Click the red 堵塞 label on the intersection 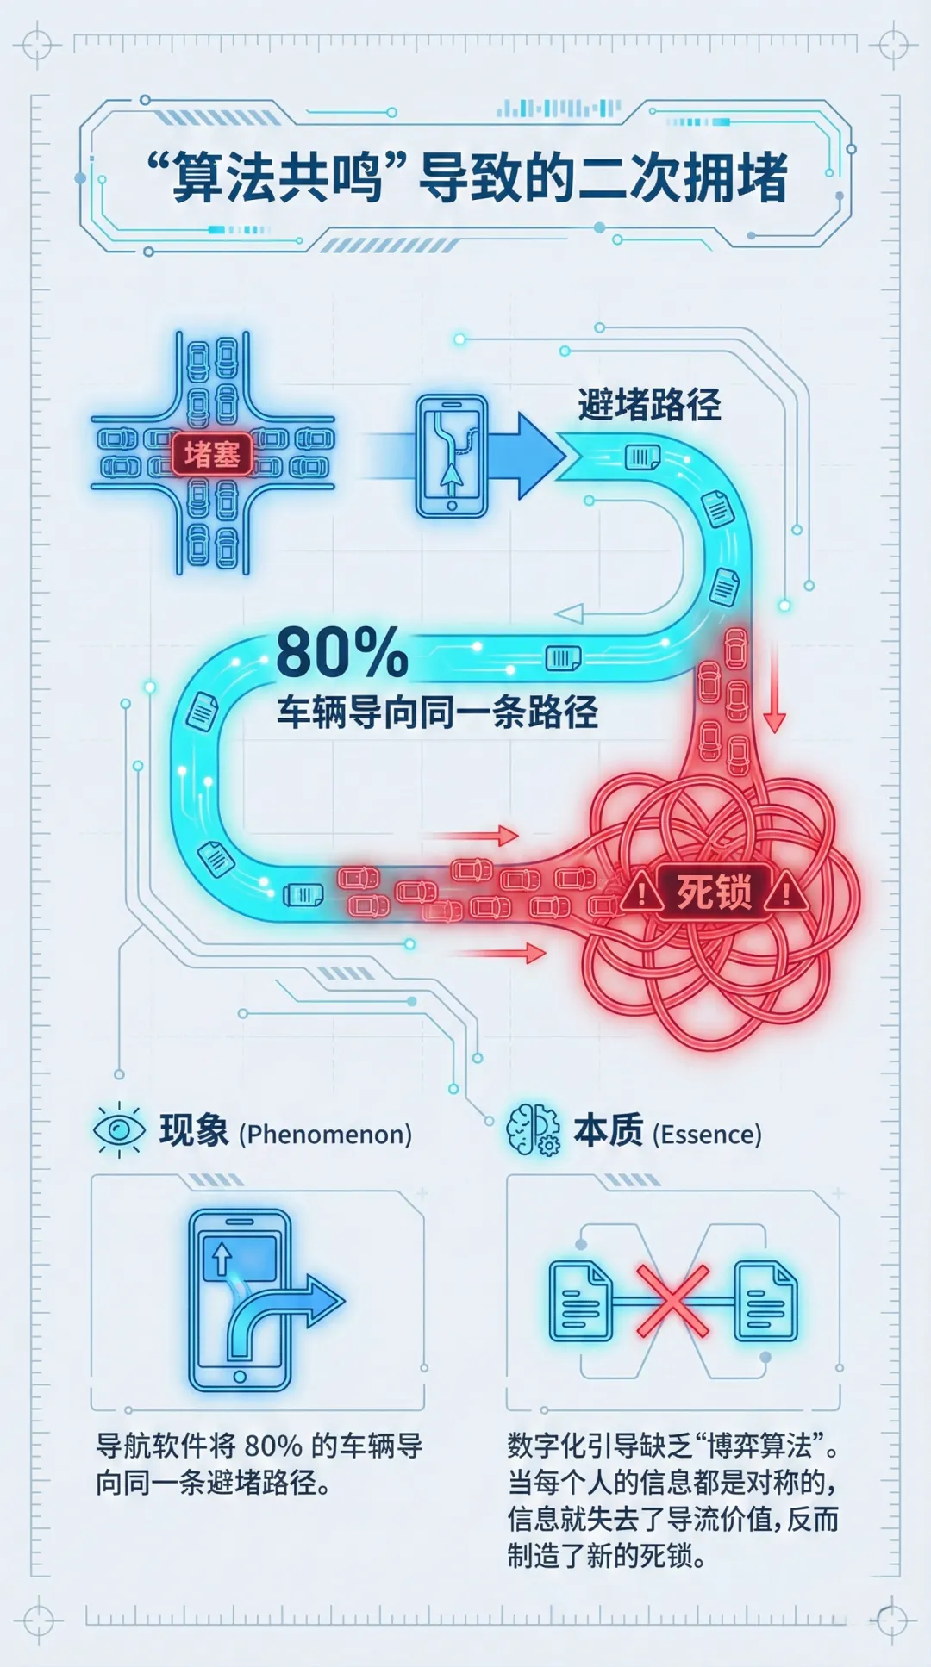[x=212, y=454]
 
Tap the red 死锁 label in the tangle [x=713, y=892]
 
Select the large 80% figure [x=342, y=653]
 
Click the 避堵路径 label [x=649, y=404]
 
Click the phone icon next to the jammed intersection [x=452, y=457]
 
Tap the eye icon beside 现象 [x=119, y=1129]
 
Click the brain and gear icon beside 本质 [x=533, y=1129]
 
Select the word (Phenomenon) [x=325, y=1134]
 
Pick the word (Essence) [x=707, y=1134]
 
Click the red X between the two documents [x=672, y=1301]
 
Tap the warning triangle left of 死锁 [x=641, y=893]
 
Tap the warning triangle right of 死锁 [x=785, y=893]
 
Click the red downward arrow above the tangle [x=774, y=689]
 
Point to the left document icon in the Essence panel [x=580, y=1301]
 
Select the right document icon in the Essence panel [x=765, y=1301]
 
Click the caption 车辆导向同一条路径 [x=437, y=712]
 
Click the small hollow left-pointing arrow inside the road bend [x=570, y=613]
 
